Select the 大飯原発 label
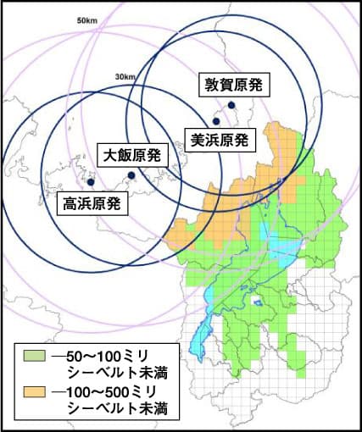pos(133,155)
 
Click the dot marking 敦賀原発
pos(231,105)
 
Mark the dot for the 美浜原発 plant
pos(216,121)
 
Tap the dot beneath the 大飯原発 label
pos(131,175)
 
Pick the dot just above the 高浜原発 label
pos(91,182)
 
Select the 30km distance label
pos(125,78)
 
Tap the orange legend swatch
pos(35,392)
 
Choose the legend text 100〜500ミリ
pos(114,392)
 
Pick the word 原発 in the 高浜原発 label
pos(107,203)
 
